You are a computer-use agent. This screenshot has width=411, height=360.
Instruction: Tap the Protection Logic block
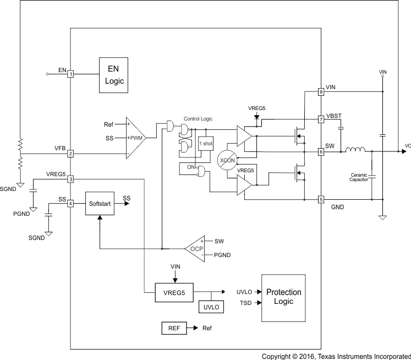(x=283, y=297)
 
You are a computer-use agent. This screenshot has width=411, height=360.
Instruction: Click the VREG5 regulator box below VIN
(x=173, y=292)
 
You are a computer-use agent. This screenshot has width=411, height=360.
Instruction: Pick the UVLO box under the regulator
(x=211, y=307)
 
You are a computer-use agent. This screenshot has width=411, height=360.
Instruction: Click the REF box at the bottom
(x=173, y=328)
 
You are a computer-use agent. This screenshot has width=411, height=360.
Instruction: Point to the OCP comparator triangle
(x=195, y=248)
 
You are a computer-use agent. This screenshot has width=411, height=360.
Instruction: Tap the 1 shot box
(x=205, y=144)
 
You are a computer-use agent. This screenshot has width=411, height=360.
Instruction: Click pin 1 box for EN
(x=70, y=74)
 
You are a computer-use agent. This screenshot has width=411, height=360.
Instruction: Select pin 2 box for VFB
(x=70, y=154)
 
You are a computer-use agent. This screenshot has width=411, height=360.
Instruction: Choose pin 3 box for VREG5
(x=70, y=179)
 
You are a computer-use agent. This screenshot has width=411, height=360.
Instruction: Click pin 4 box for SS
(x=70, y=204)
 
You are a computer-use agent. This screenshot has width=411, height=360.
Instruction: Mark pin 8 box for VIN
(x=321, y=92)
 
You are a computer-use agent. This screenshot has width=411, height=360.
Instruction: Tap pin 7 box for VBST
(x=321, y=119)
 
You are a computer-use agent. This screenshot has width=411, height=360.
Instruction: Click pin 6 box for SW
(x=321, y=151)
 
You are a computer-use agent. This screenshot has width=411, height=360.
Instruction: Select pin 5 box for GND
(x=321, y=199)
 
